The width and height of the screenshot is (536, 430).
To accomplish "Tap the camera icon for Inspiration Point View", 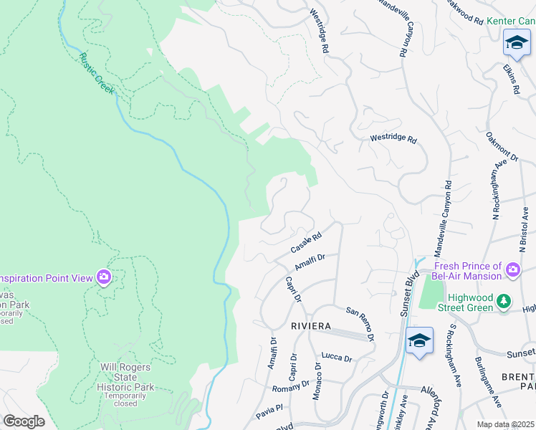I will pos(105,277).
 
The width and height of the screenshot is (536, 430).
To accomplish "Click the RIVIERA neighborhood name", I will pos(311,326).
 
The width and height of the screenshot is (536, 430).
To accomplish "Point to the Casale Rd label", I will pos(307,242).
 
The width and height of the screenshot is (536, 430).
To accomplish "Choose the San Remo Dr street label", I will pos(360,323).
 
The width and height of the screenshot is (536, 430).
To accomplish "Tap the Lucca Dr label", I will pos(337,358).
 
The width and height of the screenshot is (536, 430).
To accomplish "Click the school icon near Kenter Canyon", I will pos(516,43).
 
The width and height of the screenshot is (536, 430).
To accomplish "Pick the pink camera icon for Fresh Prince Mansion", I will pos(513,269).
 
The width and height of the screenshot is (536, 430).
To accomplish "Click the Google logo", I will pos(24,421).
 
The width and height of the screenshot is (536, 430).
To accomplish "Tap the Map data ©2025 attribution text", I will pos(504,424).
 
